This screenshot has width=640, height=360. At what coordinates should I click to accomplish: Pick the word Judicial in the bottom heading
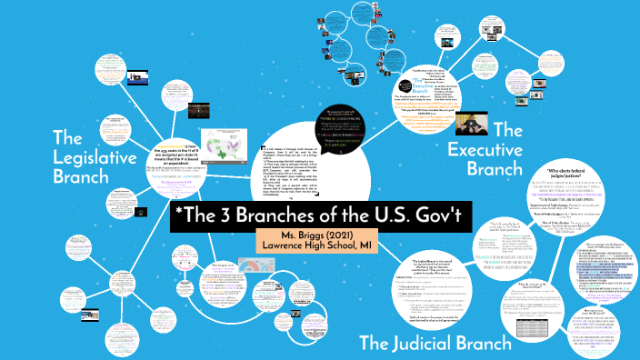[434, 342]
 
